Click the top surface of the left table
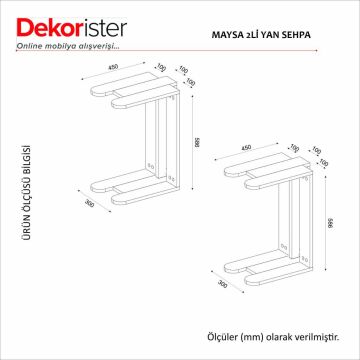coord(135,95)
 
